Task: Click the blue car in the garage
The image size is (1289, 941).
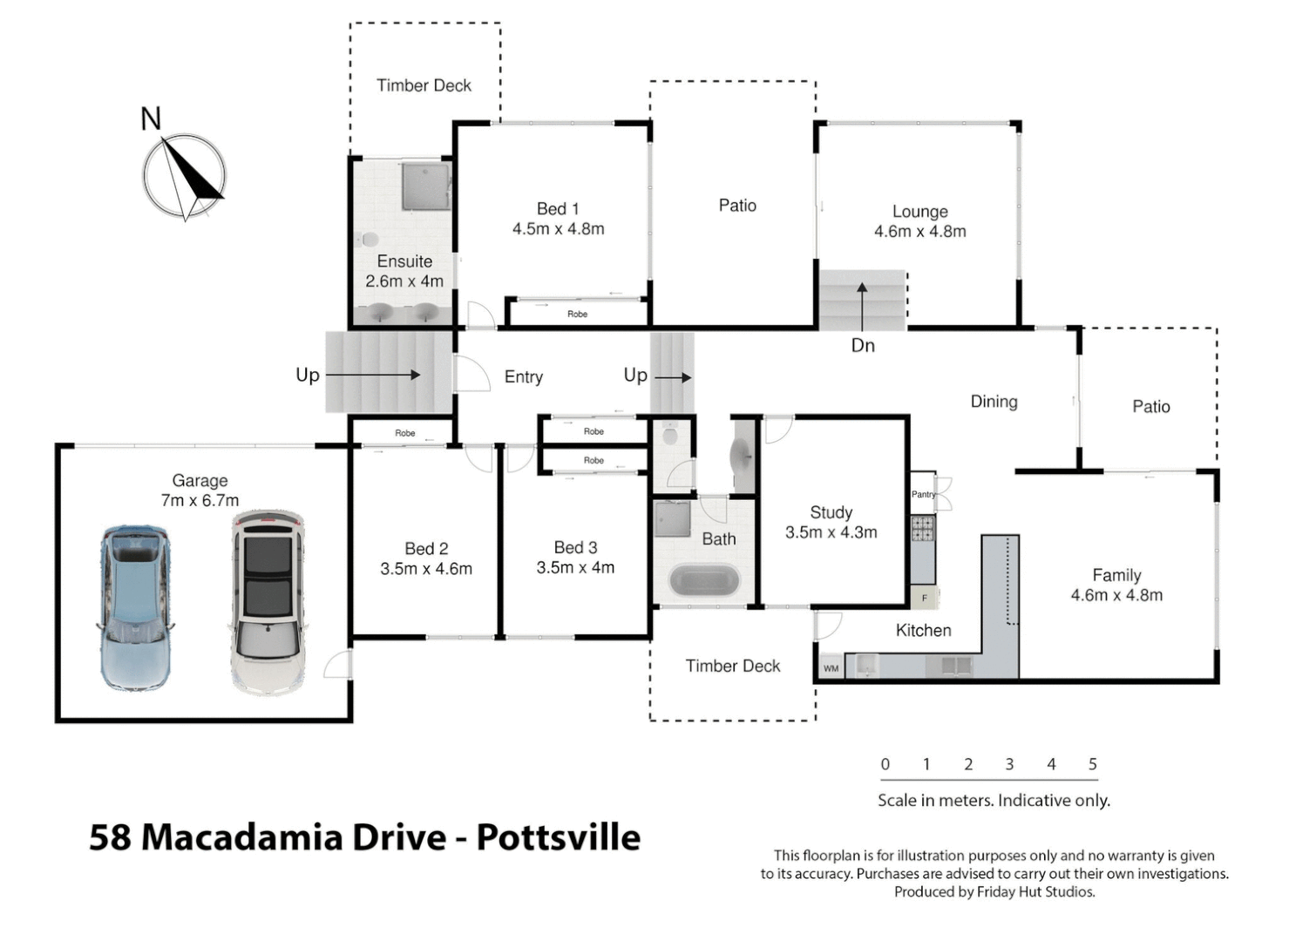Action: (x=134, y=607)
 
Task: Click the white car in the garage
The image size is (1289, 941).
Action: (x=268, y=602)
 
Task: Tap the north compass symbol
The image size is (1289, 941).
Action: (x=184, y=174)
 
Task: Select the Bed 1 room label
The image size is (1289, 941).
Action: (x=558, y=209)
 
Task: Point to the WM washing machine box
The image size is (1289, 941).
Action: (x=831, y=668)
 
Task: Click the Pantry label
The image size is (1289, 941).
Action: (x=922, y=494)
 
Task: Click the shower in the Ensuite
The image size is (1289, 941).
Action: (x=425, y=186)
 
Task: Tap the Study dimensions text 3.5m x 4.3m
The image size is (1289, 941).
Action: (x=831, y=532)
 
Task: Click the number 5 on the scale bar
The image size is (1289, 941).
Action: (x=1092, y=764)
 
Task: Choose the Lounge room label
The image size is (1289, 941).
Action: (x=919, y=212)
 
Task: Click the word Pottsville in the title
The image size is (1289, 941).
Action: (x=558, y=836)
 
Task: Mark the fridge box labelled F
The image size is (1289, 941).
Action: (x=925, y=598)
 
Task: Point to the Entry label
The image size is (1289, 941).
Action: (x=523, y=376)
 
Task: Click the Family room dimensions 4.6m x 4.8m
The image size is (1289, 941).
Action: (x=1116, y=595)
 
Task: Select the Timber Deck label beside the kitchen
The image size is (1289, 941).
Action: (x=732, y=666)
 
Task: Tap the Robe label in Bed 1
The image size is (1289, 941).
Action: (x=577, y=314)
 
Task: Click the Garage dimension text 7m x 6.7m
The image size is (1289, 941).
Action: (x=200, y=500)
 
